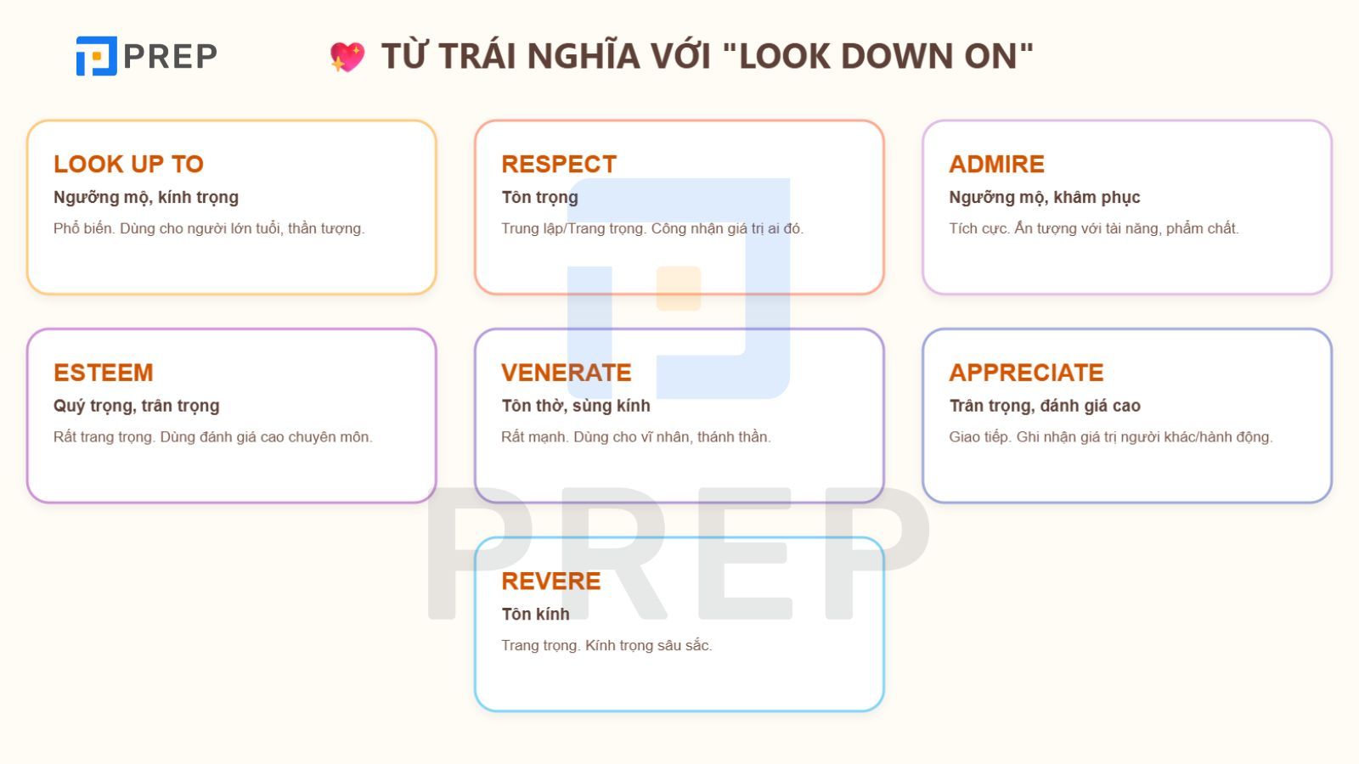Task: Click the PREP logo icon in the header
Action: pos(96,56)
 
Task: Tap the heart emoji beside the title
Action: pos(347,57)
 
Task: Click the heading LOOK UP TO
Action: pos(128,164)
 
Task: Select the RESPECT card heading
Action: pos(559,164)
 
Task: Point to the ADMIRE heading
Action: pos(996,164)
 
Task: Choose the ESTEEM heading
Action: pos(104,373)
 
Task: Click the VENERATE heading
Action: pos(567,373)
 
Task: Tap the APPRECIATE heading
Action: pos(1026,373)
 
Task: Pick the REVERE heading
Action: pos(551,581)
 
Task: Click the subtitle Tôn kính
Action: pos(535,614)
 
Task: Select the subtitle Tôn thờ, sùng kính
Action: pos(575,406)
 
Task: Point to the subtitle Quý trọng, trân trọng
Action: pos(136,406)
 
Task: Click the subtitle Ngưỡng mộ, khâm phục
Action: pos(1044,197)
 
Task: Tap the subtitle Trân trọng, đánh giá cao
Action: pos(1044,406)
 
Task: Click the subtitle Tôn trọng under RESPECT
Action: pos(539,197)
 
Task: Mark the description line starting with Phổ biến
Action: pos(208,228)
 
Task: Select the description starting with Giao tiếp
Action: pos(1110,437)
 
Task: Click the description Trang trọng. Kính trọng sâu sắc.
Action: pos(606,645)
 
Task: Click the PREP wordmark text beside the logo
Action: pos(170,56)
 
